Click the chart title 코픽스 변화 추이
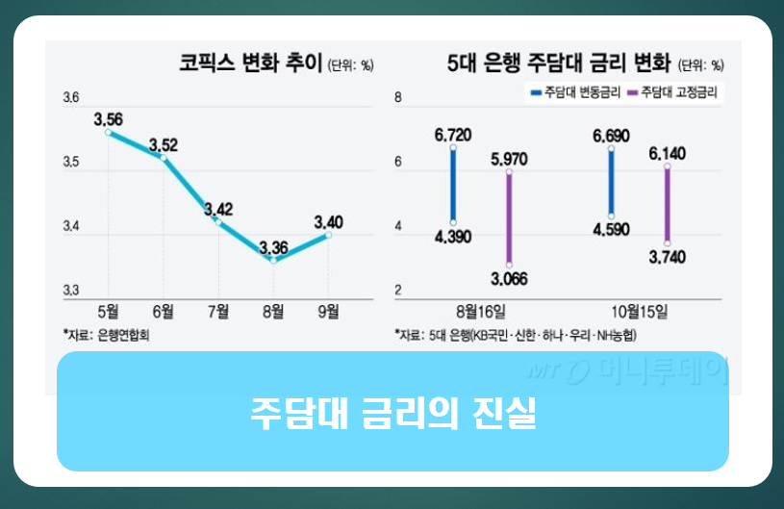(251, 64)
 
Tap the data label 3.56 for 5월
(108, 119)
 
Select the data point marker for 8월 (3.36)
(274, 260)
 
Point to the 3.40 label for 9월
(328, 222)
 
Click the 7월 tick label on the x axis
(218, 310)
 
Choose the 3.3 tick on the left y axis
(70, 291)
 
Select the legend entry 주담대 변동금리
(573, 92)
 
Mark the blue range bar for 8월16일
(453, 185)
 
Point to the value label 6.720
(452, 135)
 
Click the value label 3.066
(509, 279)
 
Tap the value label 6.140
(667, 153)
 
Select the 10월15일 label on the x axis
(640, 310)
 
